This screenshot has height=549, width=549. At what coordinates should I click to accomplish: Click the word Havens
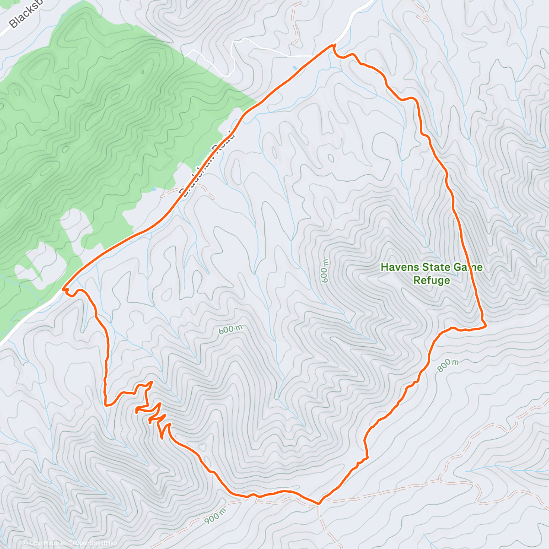pyautogui.click(x=399, y=267)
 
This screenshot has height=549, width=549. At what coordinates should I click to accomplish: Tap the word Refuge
pyautogui.click(x=431, y=280)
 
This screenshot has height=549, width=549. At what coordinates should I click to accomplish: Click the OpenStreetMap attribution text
pyautogui.click(x=94, y=544)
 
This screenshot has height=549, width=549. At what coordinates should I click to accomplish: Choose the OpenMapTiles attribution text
pyautogui.click(x=48, y=544)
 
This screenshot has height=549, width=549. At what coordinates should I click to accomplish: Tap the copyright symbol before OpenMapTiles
pyautogui.click(x=26, y=544)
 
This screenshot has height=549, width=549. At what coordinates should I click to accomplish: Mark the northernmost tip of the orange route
pyautogui.click(x=334, y=45)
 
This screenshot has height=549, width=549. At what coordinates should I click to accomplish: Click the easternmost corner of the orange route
pyautogui.click(x=484, y=324)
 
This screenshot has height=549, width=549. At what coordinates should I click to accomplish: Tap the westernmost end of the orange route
pyautogui.click(x=64, y=289)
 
